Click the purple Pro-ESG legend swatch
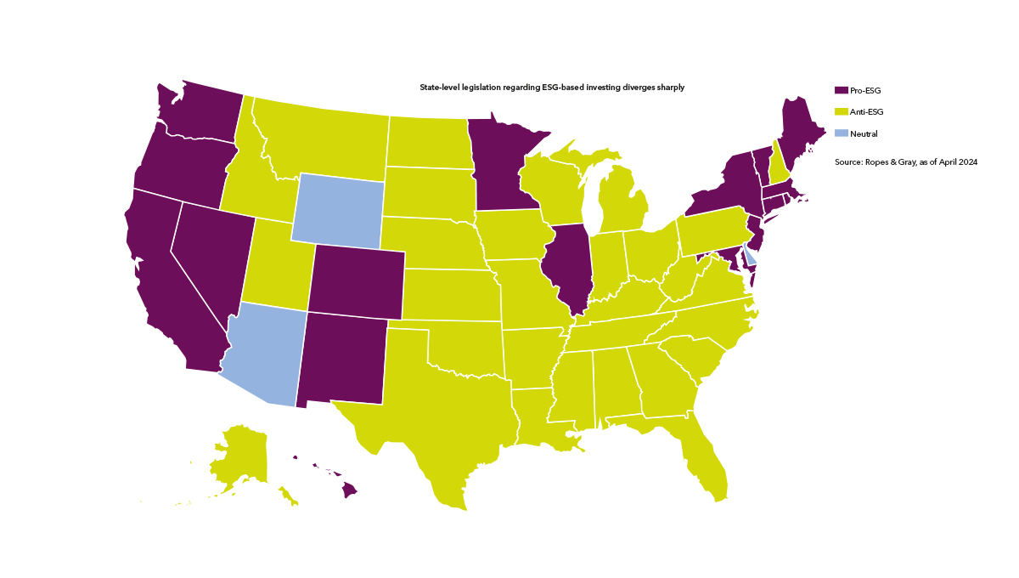tap(842, 89)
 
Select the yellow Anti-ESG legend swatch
tap(842, 111)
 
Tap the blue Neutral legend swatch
tap(842, 133)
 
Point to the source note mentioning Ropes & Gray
tap(906, 161)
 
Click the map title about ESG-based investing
tap(552, 88)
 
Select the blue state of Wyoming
tap(338, 211)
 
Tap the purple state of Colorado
tap(356, 281)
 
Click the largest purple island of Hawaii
tap(349, 490)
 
